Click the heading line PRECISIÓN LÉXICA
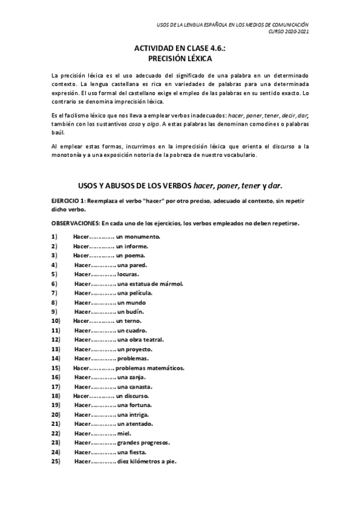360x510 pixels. [180, 59]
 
